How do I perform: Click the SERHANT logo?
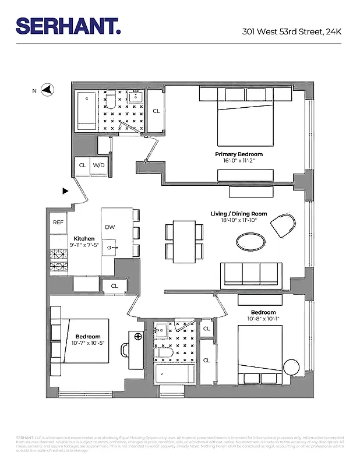[x=68, y=25]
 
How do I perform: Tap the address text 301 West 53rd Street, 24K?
[x=292, y=31]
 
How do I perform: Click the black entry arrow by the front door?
[x=65, y=190]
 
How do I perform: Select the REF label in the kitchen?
[x=58, y=223]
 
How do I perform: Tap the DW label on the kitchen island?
[x=110, y=227]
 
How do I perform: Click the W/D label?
[x=99, y=165]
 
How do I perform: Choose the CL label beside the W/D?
[x=82, y=165]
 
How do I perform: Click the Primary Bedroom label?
[x=235, y=154]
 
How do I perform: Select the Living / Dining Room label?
[x=239, y=214]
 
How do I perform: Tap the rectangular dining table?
[x=185, y=241]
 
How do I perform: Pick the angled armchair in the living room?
[x=284, y=224]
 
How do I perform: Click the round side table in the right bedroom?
[x=291, y=368]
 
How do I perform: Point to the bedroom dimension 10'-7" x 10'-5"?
[x=87, y=343]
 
